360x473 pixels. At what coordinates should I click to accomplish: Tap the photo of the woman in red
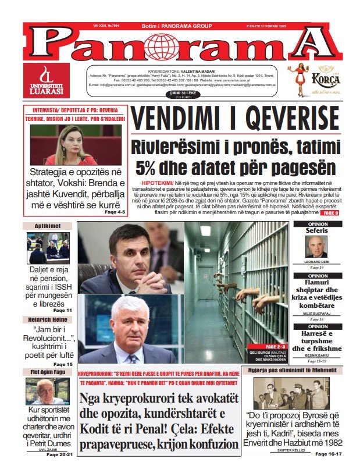(x=76, y=145)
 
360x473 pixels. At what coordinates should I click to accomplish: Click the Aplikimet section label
(x=48, y=226)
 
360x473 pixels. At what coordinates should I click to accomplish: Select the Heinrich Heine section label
(x=48, y=320)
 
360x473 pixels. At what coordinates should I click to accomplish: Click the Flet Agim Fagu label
(x=48, y=372)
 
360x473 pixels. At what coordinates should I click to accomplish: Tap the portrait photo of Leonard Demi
(x=318, y=247)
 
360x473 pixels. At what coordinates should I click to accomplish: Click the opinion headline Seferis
(x=318, y=231)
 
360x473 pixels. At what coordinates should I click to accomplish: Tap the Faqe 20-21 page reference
(x=60, y=454)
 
